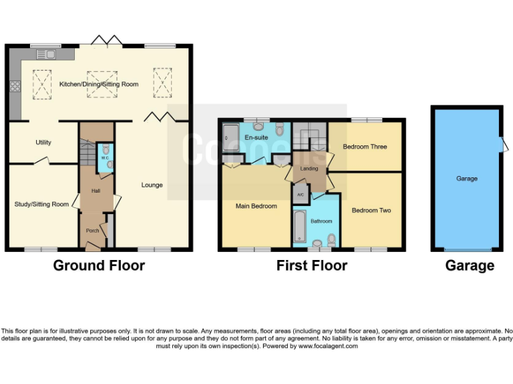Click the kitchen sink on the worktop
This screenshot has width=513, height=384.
click(x=46, y=54)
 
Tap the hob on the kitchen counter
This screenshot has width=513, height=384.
click(x=15, y=85)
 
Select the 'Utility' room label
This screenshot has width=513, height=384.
click(x=43, y=142)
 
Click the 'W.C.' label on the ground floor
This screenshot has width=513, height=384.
click(x=105, y=159)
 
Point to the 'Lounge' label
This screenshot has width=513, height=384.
click(x=152, y=185)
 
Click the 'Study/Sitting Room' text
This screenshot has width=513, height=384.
click(x=41, y=204)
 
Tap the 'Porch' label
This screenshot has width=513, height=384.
click(x=92, y=231)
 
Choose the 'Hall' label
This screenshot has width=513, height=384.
click(x=96, y=190)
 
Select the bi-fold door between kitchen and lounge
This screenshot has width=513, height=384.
click(x=161, y=118)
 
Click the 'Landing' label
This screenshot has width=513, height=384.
click(x=309, y=169)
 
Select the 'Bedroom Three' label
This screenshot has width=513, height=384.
click(x=365, y=146)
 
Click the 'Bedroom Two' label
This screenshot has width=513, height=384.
click(x=371, y=211)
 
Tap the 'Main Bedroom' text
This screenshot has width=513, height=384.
click(x=256, y=206)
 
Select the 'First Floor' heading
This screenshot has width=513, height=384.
click(x=311, y=265)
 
